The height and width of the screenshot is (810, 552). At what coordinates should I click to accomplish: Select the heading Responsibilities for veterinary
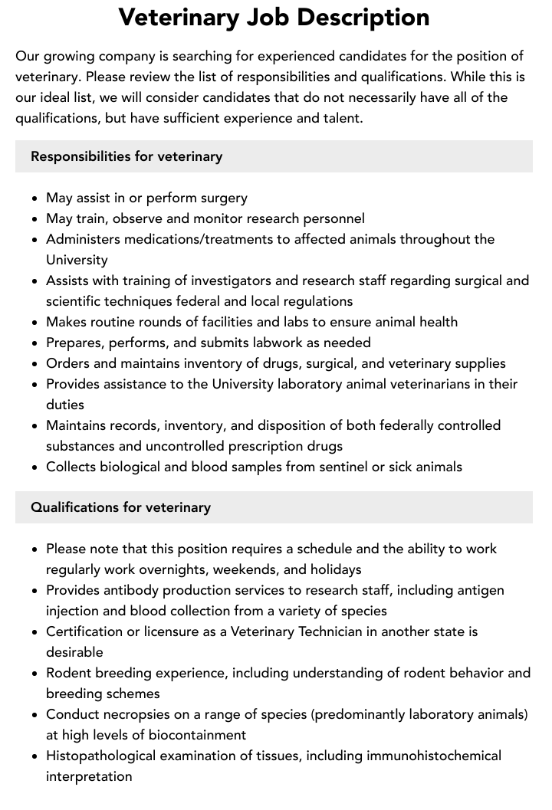click(x=127, y=156)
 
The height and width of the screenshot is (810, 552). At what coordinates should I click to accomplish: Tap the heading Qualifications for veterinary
click(x=120, y=507)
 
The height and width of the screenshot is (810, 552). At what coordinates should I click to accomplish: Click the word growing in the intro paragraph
click(x=67, y=57)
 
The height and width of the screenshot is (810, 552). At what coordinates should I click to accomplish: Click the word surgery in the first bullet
click(x=223, y=198)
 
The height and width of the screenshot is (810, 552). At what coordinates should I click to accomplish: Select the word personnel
click(x=330, y=218)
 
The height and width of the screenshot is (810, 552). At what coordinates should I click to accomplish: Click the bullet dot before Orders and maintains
click(x=35, y=364)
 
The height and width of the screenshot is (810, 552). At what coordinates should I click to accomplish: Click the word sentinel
click(x=337, y=467)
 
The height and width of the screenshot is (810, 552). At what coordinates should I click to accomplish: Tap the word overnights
click(x=169, y=569)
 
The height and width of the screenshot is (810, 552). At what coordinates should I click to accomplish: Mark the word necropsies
click(x=133, y=714)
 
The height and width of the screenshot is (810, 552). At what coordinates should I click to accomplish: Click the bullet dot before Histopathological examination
click(x=35, y=756)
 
